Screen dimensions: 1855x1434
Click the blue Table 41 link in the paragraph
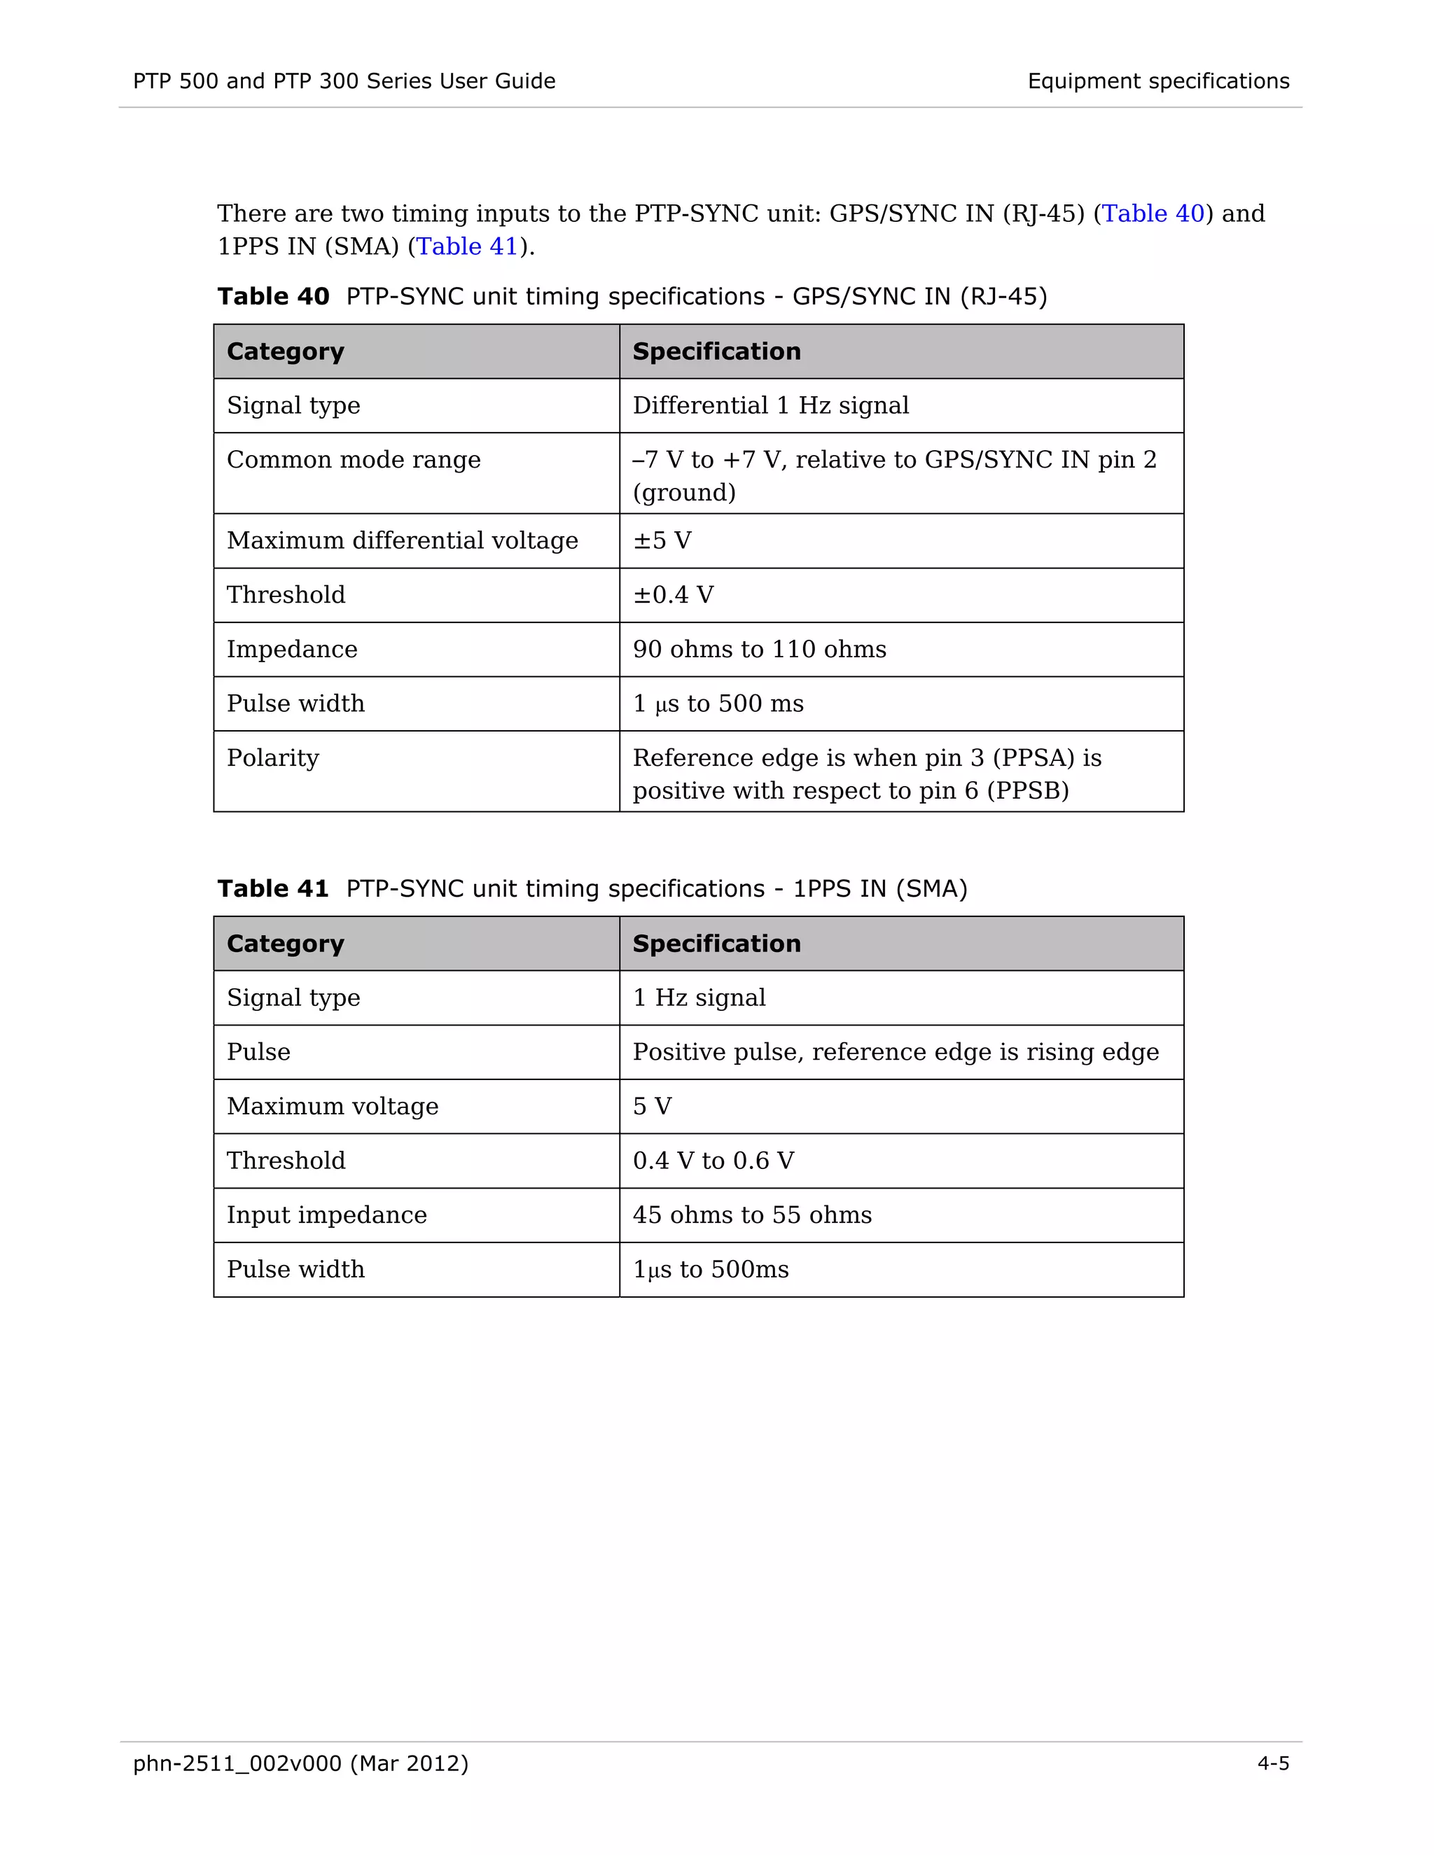[x=467, y=246]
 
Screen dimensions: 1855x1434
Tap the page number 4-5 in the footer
[x=1272, y=1763]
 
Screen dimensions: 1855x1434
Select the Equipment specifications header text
[x=1158, y=81]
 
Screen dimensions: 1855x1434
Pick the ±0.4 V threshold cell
[x=673, y=594]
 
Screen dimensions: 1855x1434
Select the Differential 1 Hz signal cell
[x=770, y=405]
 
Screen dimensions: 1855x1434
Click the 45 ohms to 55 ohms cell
[x=752, y=1214]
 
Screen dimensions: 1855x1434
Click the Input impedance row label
[x=326, y=1214]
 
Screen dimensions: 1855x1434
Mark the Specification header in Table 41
[x=716, y=944]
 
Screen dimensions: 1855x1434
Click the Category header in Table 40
[x=286, y=351]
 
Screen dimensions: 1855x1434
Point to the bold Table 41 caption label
[x=272, y=888]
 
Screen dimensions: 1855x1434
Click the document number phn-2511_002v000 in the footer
[x=237, y=1763]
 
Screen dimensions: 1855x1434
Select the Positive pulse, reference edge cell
[x=895, y=1051]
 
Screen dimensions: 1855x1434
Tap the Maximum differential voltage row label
[x=402, y=541]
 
